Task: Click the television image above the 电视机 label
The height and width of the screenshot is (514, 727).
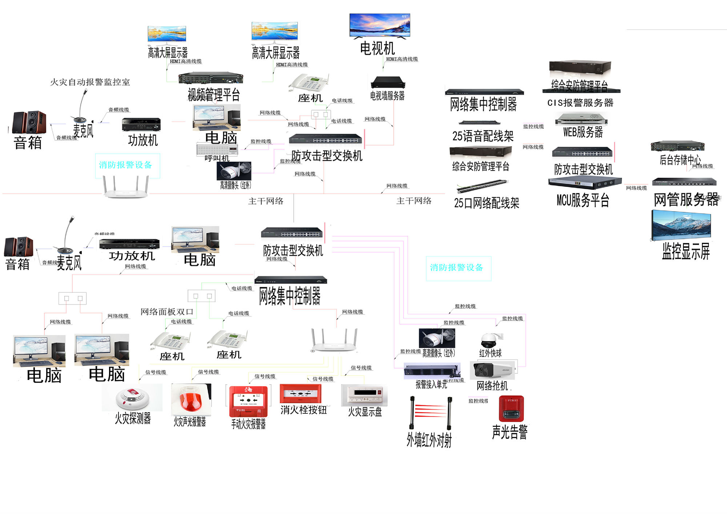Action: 379,25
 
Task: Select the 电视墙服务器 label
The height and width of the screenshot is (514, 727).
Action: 387,96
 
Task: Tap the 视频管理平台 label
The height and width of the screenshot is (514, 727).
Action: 214,95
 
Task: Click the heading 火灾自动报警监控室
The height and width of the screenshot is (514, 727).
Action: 90,82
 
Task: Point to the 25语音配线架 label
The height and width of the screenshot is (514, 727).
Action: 483,136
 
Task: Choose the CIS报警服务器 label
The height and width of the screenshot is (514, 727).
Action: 580,103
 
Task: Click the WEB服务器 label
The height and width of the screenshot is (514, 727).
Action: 583,132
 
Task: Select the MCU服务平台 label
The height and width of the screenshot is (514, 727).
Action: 583,200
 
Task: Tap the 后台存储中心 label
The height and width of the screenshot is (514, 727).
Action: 680,160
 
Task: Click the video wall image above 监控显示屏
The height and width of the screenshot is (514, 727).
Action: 681,226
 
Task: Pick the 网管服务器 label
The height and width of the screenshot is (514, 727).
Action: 686,200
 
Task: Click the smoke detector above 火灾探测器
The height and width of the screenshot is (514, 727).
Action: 132,398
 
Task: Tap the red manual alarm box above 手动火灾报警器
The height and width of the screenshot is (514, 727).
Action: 248,401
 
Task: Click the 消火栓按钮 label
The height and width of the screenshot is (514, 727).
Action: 304,410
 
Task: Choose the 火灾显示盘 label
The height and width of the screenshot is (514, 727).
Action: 365,412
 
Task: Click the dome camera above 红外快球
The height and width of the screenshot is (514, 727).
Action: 489,340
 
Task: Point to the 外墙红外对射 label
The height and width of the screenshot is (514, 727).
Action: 429,440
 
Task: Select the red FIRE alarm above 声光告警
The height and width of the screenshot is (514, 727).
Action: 511,409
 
